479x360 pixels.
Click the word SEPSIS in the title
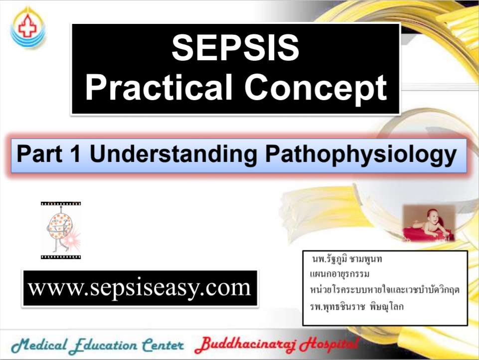[235, 49]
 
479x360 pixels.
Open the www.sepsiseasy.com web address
[139, 288]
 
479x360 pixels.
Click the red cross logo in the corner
[28, 29]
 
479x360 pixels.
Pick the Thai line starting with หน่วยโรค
[384, 290]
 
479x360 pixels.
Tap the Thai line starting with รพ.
[357, 306]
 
